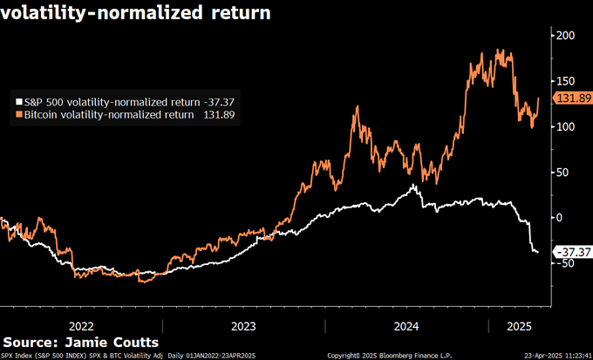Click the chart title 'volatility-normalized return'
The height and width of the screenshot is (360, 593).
(135, 14)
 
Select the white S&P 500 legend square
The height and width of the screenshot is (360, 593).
(19, 101)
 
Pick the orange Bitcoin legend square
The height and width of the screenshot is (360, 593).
(19, 114)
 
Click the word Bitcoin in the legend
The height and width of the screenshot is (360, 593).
(44, 114)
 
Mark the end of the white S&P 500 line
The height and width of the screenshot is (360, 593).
(538, 252)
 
